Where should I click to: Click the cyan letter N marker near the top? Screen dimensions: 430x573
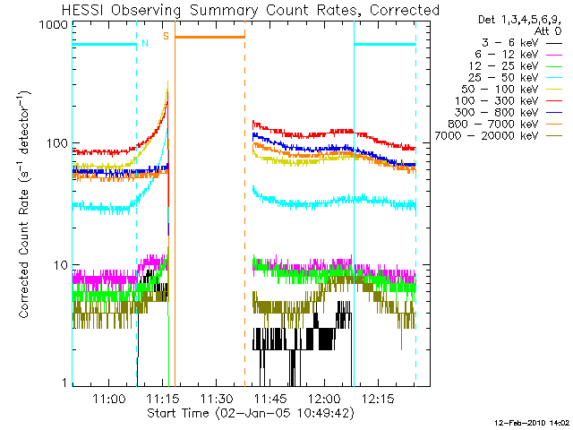coord(145,42)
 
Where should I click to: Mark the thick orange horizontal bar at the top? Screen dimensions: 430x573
coord(210,37)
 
